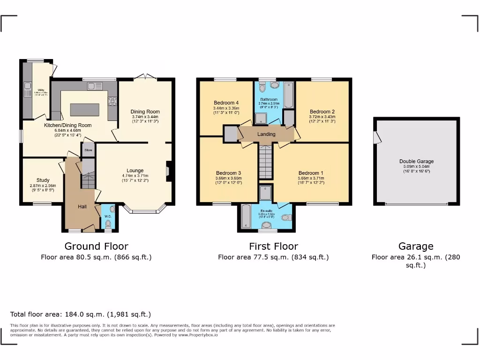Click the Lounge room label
tap(135, 171)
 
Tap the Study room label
tap(43, 180)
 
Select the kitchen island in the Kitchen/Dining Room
tap(84, 109)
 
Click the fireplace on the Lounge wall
tap(169, 171)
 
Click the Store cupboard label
tap(88, 151)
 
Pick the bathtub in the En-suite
tap(246, 217)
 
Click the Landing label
tap(266, 134)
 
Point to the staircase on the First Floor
tap(266, 162)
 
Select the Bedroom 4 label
tap(226, 103)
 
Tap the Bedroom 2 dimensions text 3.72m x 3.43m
tap(322, 117)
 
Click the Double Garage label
tap(416, 161)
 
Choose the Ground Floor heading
tap(96, 246)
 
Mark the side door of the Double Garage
tap(376, 138)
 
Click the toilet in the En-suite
tap(286, 217)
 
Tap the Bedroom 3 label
tap(228, 172)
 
